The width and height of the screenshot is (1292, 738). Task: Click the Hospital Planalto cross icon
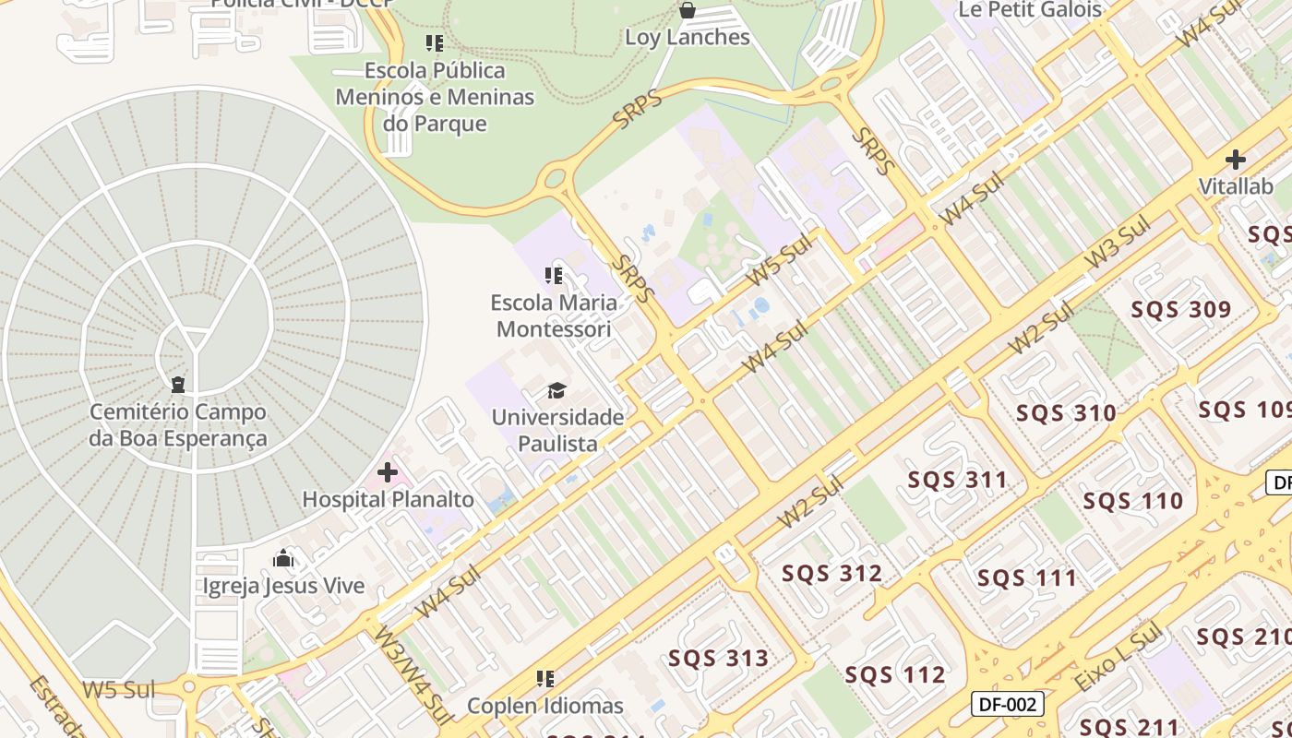[x=388, y=473]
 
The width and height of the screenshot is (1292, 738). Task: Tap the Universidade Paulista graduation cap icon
[x=556, y=391]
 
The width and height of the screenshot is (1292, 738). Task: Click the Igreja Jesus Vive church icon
[x=283, y=559]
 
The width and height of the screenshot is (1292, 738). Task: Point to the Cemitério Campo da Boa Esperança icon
[x=178, y=385]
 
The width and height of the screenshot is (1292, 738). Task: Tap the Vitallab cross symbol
[x=1235, y=160]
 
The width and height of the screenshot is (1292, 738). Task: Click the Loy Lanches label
[x=688, y=38]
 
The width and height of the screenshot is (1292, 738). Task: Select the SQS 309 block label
[x=1181, y=310]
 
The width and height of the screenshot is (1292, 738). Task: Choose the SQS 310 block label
[x=1066, y=413]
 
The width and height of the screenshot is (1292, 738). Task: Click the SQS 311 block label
[x=958, y=480]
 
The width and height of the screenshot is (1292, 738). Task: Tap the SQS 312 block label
[x=832, y=574]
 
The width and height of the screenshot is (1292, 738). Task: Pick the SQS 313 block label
[x=718, y=659]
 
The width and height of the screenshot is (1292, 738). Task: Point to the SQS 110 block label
[x=1132, y=502]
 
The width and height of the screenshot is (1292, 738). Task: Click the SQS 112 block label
[x=895, y=675]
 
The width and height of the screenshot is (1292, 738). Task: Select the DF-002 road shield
[x=1008, y=705]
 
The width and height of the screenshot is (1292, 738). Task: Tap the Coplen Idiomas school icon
[x=545, y=680]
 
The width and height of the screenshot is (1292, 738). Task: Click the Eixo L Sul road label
[x=1118, y=657]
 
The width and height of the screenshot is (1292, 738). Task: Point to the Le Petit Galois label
[x=1031, y=10]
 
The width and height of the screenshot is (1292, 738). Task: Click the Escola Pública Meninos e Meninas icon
[x=435, y=43]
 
